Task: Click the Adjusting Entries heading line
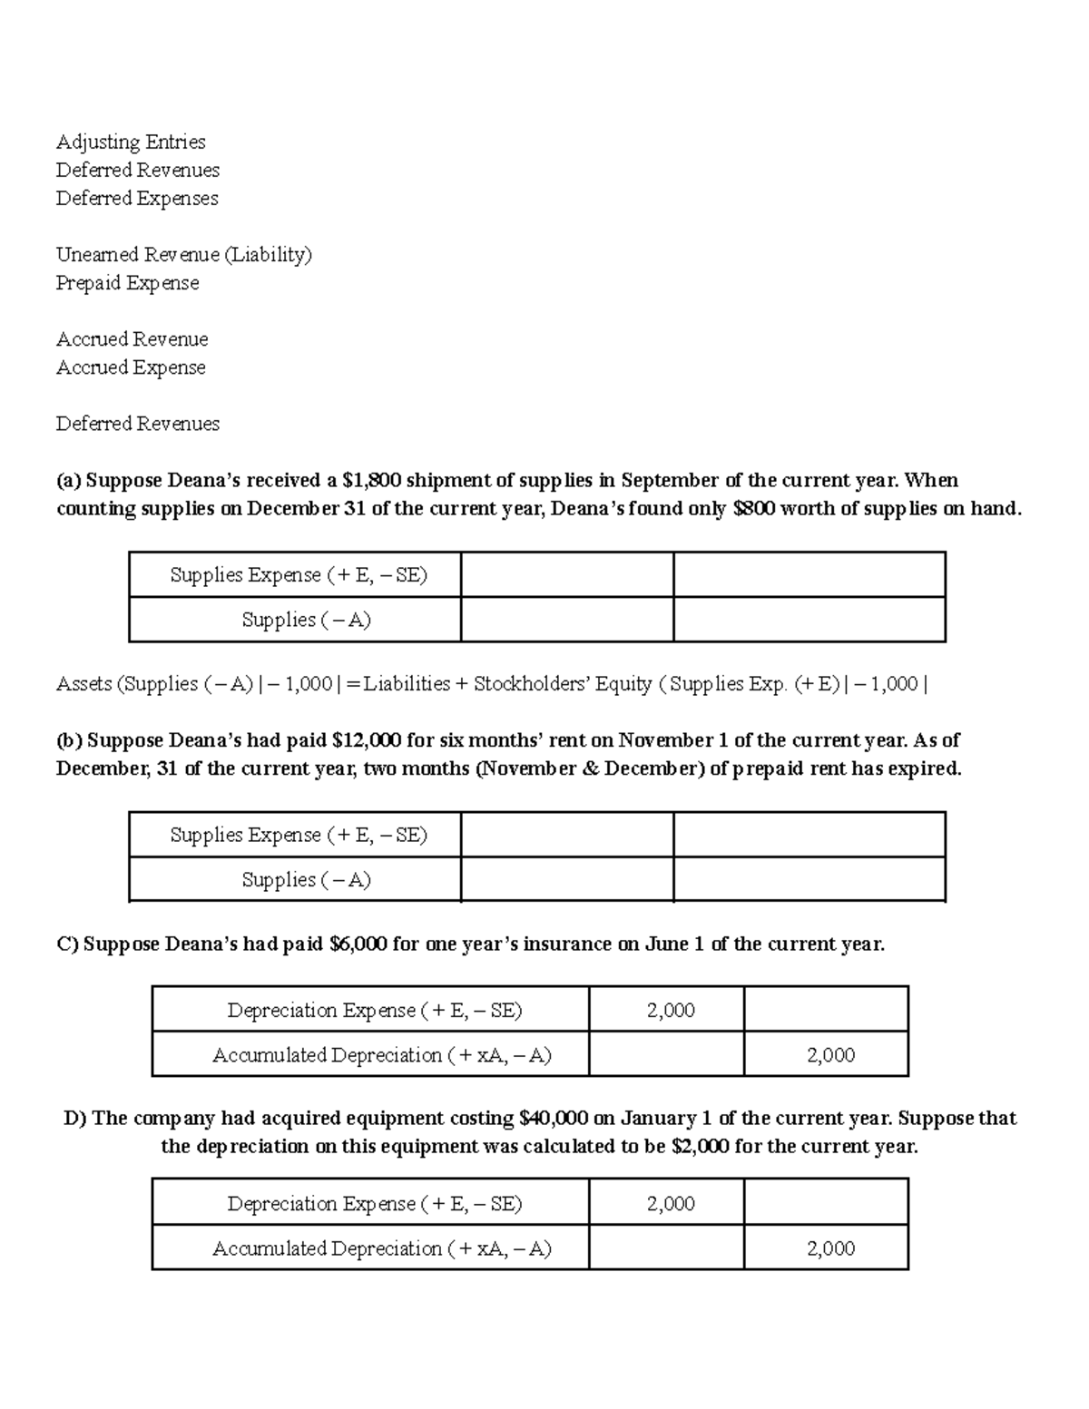[x=131, y=142]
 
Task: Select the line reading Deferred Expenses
[x=137, y=198]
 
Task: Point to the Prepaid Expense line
[x=127, y=283]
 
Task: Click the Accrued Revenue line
[x=132, y=339]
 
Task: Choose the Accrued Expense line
[x=131, y=367]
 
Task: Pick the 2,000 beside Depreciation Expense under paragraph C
[x=671, y=1010]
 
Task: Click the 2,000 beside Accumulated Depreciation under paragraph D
[x=830, y=1248]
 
